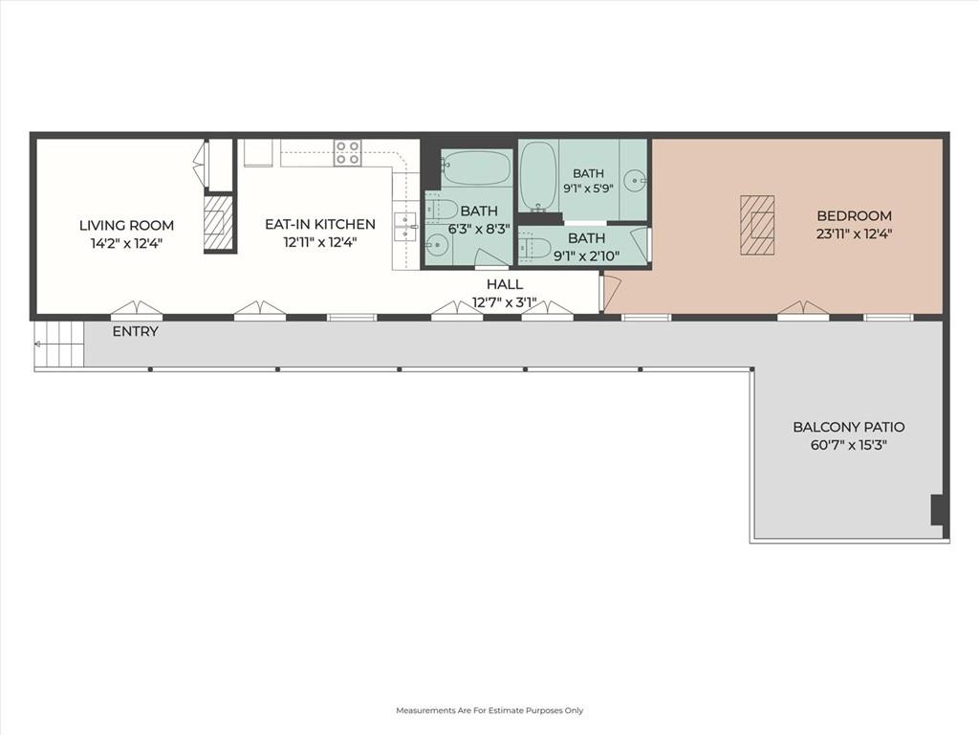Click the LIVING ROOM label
pos(126,226)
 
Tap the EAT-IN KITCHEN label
pos(320,224)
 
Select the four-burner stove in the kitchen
pos(347,152)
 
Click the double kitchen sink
pos(405,226)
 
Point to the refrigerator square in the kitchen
pos(258,152)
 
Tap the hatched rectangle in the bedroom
pos(757,225)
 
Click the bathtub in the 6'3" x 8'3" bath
pos(476,167)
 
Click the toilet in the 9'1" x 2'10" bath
pos(534,247)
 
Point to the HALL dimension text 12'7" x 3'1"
pos(504,303)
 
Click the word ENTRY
pos(136,332)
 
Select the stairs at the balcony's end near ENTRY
pos(59,345)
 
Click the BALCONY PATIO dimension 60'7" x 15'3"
pos(849,446)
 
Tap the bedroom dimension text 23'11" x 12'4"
pos(854,234)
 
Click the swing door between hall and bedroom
pos(609,291)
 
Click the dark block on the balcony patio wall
pos(938,510)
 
